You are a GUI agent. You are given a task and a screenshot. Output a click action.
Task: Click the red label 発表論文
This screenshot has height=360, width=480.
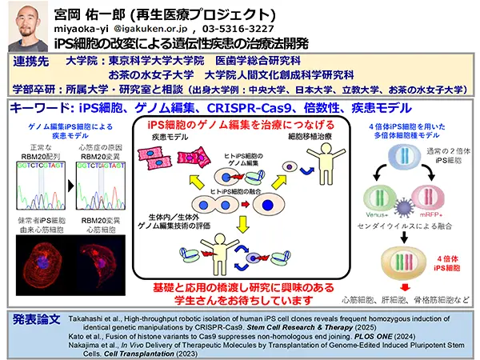(x=38, y=318)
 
